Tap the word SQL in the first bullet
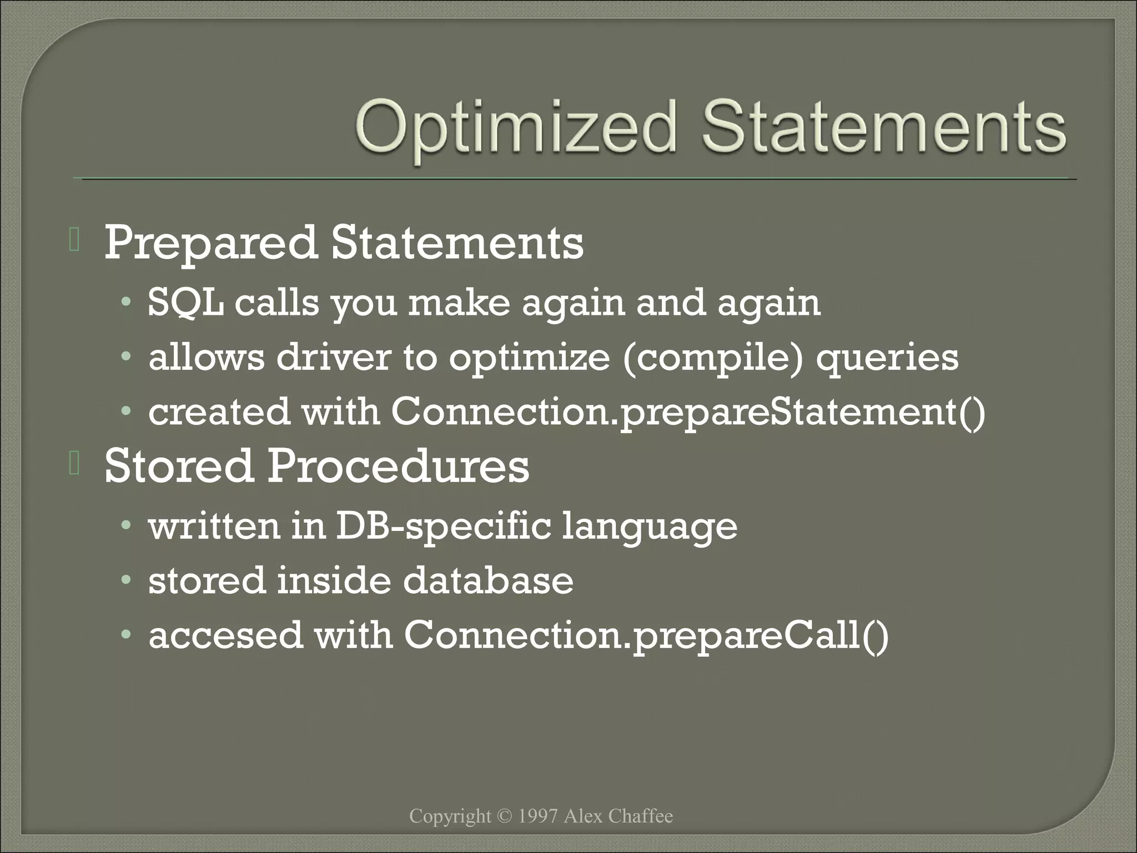click(x=185, y=304)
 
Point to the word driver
click(x=334, y=358)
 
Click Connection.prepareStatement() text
click(x=688, y=413)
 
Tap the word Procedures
click(x=398, y=466)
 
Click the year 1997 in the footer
click(x=537, y=816)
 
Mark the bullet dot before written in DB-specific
click(x=127, y=525)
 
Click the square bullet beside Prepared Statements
click(x=74, y=240)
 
